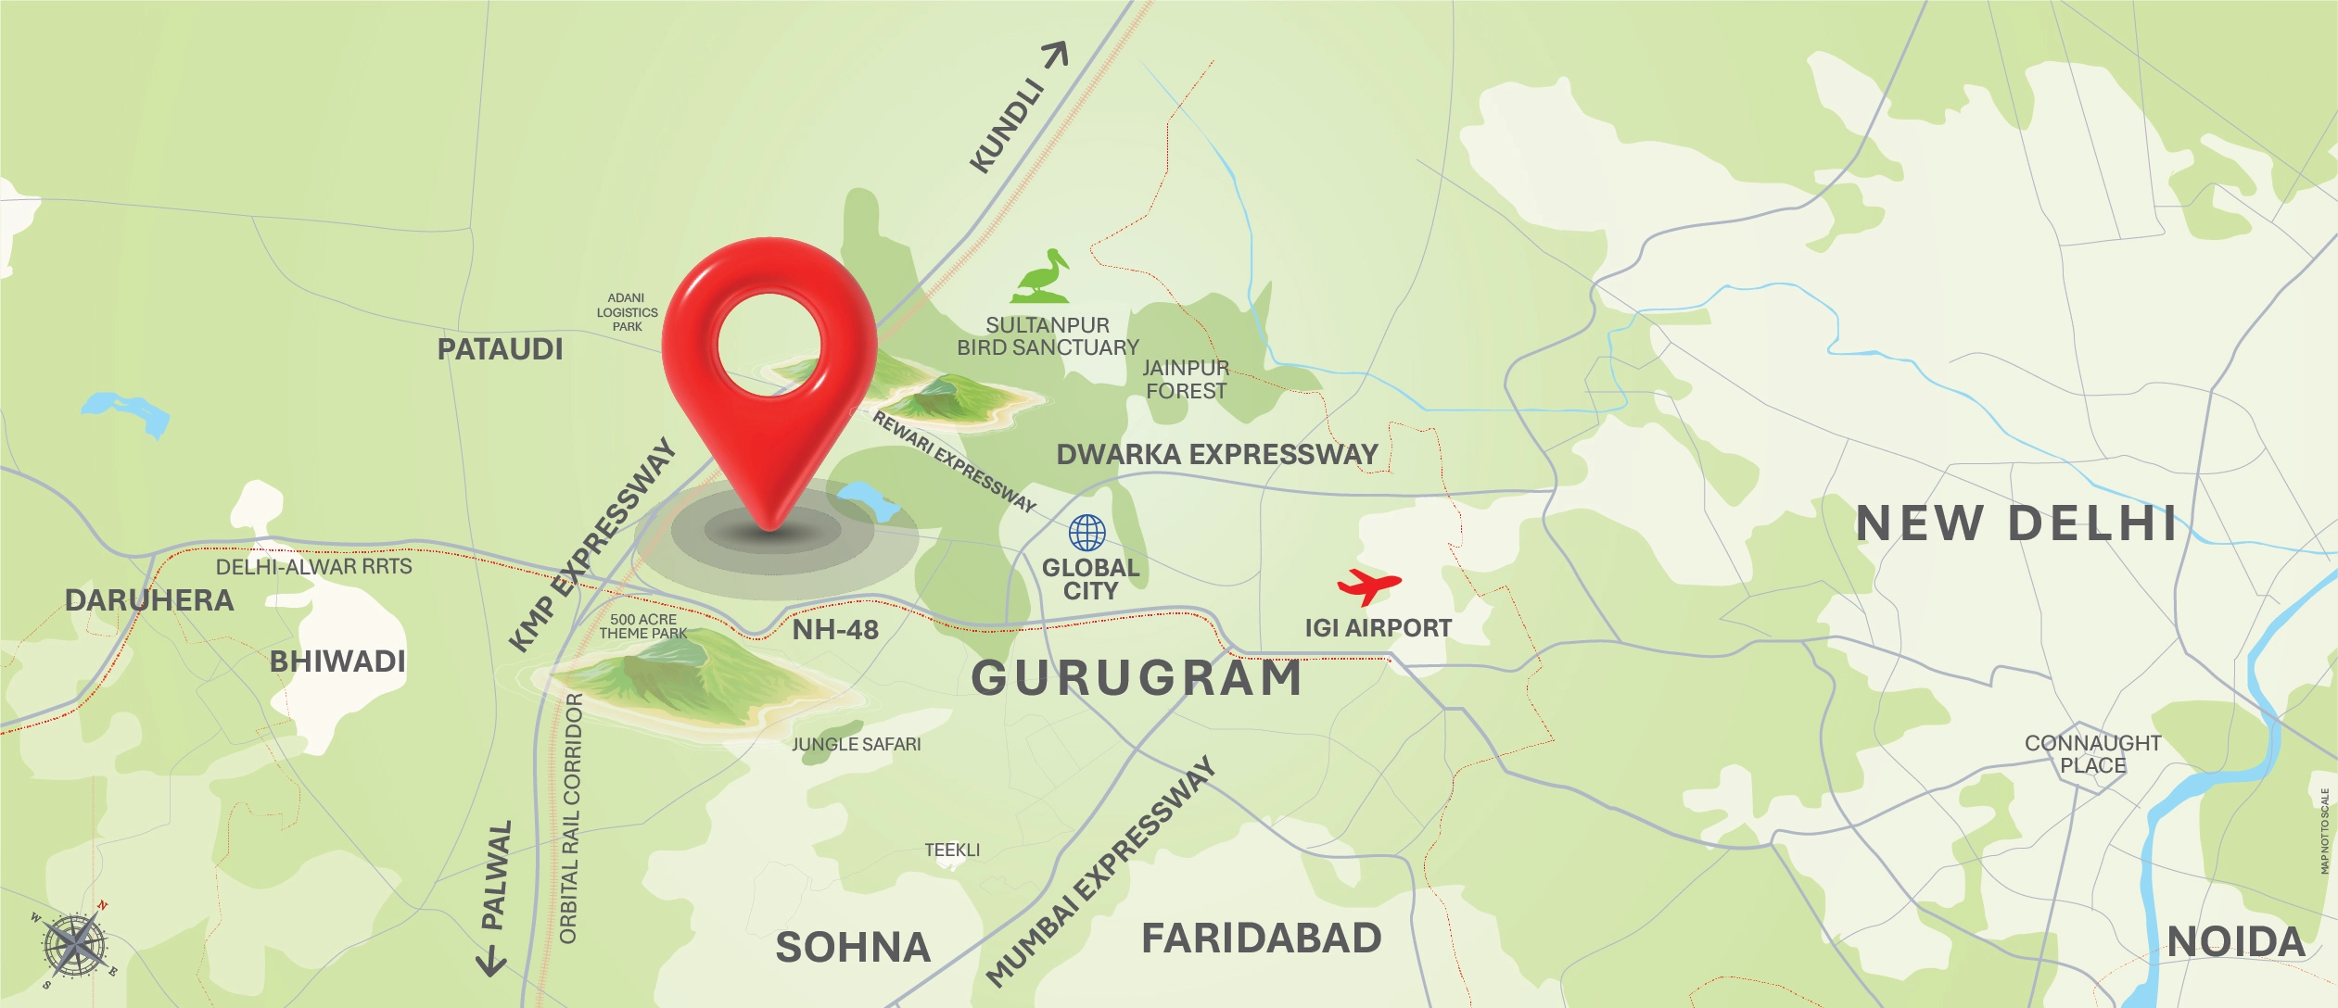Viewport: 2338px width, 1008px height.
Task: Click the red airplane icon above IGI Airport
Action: (x=1368, y=586)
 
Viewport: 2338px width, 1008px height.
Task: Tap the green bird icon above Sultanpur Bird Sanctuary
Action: (x=1042, y=277)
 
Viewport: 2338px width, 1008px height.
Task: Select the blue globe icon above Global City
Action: (x=1086, y=533)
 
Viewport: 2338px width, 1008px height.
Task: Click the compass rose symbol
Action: (x=75, y=945)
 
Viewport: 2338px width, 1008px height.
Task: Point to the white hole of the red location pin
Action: (x=769, y=342)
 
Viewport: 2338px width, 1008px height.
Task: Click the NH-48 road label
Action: (x=834, y=630)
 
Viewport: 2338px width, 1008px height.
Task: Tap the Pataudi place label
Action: (x=500, y=349)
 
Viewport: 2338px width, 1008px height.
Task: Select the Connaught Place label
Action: (x=2092, y=754)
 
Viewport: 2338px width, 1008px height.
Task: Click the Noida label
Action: (x=2235, y=942)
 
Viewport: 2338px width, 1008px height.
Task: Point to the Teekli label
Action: (x=951, y=850)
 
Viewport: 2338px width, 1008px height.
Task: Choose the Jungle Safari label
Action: (x=856, y=744)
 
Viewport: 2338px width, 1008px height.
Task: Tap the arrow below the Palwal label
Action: (x=491, y=962)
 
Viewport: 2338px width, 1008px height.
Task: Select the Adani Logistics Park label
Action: (x=627, y=312)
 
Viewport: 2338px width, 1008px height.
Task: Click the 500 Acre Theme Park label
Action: (x=642, y=626)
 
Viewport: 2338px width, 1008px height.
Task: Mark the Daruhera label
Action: (x=149, y=600)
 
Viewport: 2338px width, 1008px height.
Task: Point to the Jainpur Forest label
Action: (x=1186, y=380)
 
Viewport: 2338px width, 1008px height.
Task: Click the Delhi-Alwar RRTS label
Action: (x=313, y=566)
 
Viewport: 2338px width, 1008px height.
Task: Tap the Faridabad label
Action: (x=1261, y=939)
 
